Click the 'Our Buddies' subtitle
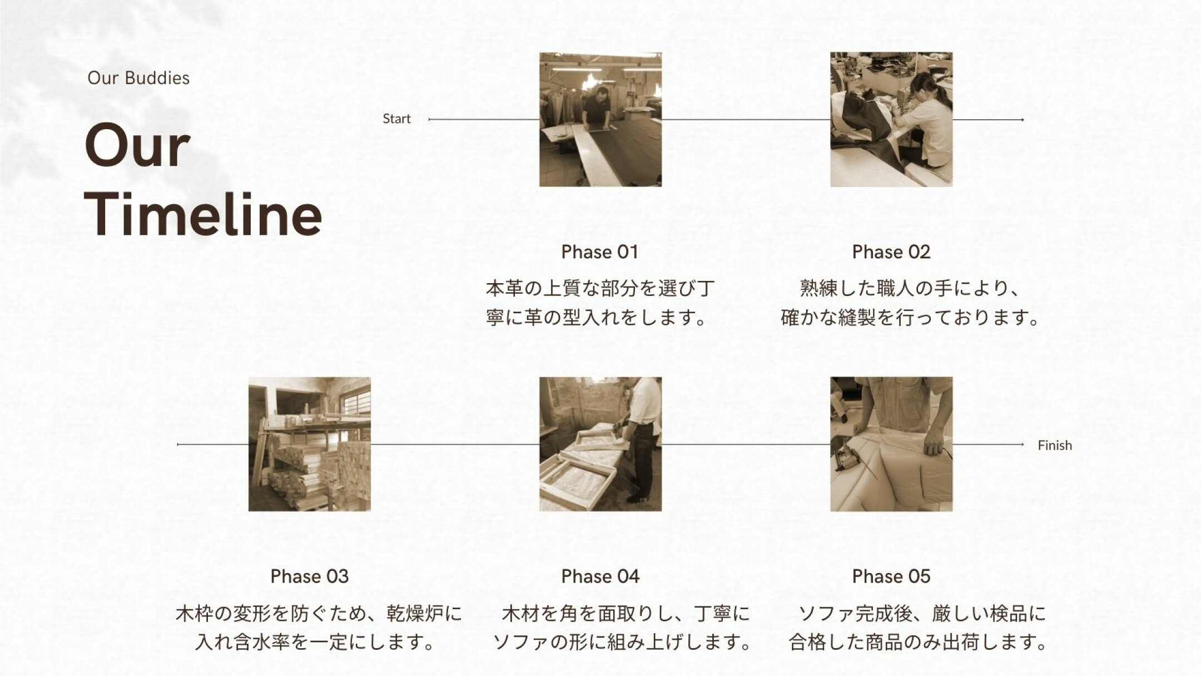point(138,78)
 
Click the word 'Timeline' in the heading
point(204,215)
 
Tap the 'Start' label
point(396,119)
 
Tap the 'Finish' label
point(1054,445)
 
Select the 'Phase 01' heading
point(599,252)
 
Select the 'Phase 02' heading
point(891,252)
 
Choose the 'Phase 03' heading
point(309,576)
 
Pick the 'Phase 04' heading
point(600,576)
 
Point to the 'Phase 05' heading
point(891,576)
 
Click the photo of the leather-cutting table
point(600,120)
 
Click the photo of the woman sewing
point(891,120)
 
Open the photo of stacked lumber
point(309,444)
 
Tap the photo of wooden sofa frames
point(600,444)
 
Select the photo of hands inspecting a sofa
point(891,444)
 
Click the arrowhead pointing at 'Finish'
point(1021,445)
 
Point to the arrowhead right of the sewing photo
point(1021,120)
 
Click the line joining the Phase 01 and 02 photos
point(745,120)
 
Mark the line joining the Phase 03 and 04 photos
point(455,445)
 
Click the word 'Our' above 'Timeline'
point(137,146)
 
